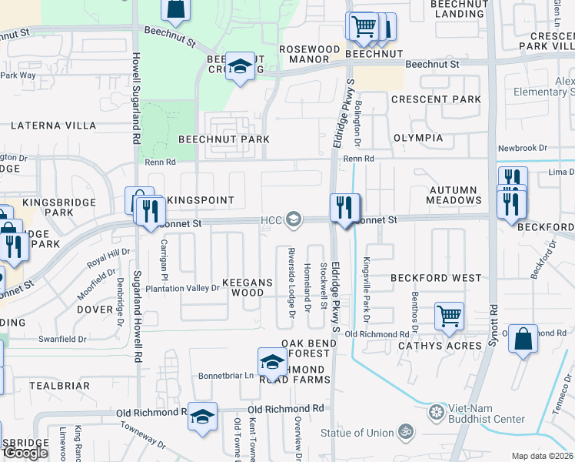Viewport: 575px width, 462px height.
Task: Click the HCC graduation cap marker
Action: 292,220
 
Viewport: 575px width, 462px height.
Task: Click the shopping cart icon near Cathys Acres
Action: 449,315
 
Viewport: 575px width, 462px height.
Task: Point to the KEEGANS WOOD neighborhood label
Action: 248,287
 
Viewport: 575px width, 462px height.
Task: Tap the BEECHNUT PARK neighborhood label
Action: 224,139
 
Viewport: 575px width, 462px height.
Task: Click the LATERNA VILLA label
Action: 54,125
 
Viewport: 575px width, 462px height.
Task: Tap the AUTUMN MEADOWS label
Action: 454,195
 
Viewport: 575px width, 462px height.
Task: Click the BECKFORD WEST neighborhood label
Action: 436,277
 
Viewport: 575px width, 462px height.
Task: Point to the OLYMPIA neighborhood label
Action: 418,138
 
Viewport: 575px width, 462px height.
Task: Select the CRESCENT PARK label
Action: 436,99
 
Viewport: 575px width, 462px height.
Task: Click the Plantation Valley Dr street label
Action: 182,288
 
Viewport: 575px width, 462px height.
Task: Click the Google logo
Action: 25,453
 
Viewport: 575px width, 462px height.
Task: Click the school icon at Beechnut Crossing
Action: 241,69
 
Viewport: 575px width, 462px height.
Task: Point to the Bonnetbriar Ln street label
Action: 227,376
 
